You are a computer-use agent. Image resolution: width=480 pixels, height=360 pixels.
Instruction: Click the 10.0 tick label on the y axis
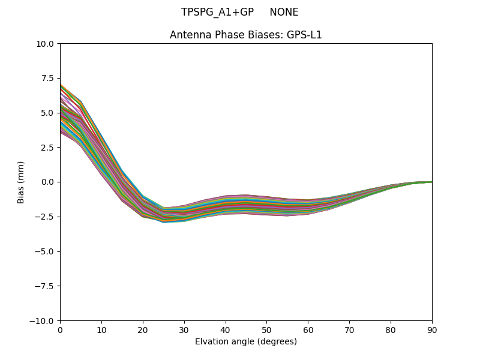click(46, 43)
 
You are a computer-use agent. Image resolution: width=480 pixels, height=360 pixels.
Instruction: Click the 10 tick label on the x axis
click(101, 330)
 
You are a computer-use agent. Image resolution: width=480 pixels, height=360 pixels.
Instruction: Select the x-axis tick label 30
click(184, 330)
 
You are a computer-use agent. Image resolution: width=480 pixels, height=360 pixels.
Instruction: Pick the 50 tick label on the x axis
click(266, 330)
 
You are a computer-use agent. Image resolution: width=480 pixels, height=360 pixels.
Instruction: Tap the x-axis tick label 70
click(349, 330)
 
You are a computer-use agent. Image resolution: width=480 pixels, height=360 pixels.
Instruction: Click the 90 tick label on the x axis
click(432, 330)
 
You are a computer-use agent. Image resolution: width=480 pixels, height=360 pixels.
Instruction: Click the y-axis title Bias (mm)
click(21, 182)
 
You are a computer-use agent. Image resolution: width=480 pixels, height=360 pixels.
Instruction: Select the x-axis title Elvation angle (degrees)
click(246, 342)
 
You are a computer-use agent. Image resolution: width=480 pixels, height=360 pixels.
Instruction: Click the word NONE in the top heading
click(284, 12)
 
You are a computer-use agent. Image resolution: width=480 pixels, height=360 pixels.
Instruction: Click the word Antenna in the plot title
click(188, 35)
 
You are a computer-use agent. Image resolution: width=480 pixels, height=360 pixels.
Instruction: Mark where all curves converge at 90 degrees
click(431, 182)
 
